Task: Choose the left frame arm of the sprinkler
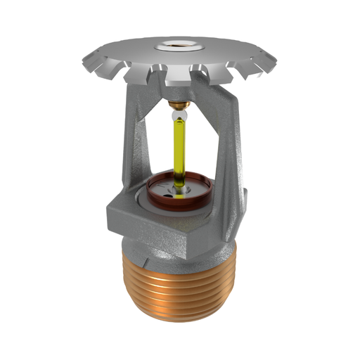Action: (x=134, y=148)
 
